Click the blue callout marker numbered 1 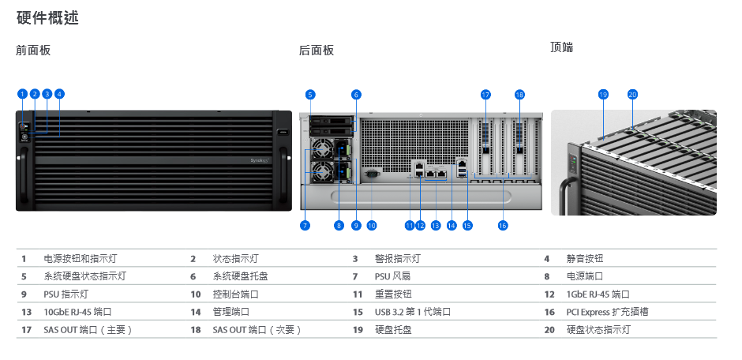tap(22, 94)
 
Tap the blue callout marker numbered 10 tap(372, 226)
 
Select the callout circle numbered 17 tap(485, 95)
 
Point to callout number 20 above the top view tap(633, 95)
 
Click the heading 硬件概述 tap(48, 18)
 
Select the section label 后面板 tap(317, 51)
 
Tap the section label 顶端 tap(562, 47)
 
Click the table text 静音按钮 tap(585, 259)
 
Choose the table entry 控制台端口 tap(236, 294)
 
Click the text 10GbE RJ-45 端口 tap(77, 312)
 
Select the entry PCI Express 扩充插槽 tap(607, 312)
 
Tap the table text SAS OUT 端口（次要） tap(257, 330)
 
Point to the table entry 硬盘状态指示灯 tap(598, 330)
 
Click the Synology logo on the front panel tap(260, 161)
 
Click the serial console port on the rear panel tap(372, 174)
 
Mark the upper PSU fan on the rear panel tap(322, 150)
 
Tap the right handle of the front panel tap(283, 174)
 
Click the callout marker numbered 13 tap(436, 226)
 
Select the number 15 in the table tap(358, 312)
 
